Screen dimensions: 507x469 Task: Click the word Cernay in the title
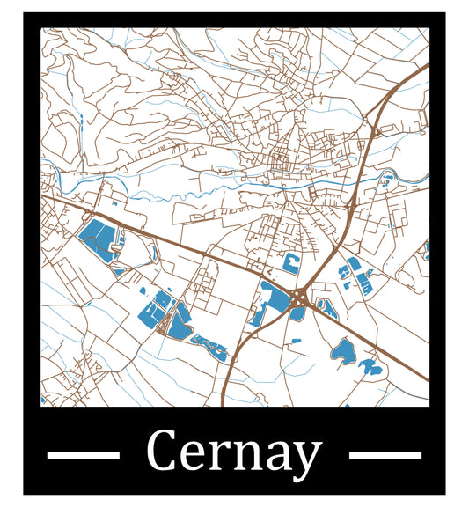pyautogui.click(x=233, y=453)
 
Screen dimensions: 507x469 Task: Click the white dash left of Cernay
pyautogui.click(x=82, y=455)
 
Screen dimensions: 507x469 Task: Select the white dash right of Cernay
pyautogui.click(x=385, y=455)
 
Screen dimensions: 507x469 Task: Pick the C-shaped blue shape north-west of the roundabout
pyautogui.click(x=290, y=261)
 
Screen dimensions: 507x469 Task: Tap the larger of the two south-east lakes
pyautogui.click(x=341, y=352)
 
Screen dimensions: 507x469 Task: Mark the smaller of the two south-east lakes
pyautogui.click(x=370, y=366)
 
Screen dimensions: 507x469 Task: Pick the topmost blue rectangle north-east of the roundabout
pyautogui.click(x=354, y=263)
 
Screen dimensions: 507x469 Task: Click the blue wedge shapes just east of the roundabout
pyautogui.click(x=326, y=309)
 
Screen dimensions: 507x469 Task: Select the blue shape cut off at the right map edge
pyautogui.click(x=426, y=251)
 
